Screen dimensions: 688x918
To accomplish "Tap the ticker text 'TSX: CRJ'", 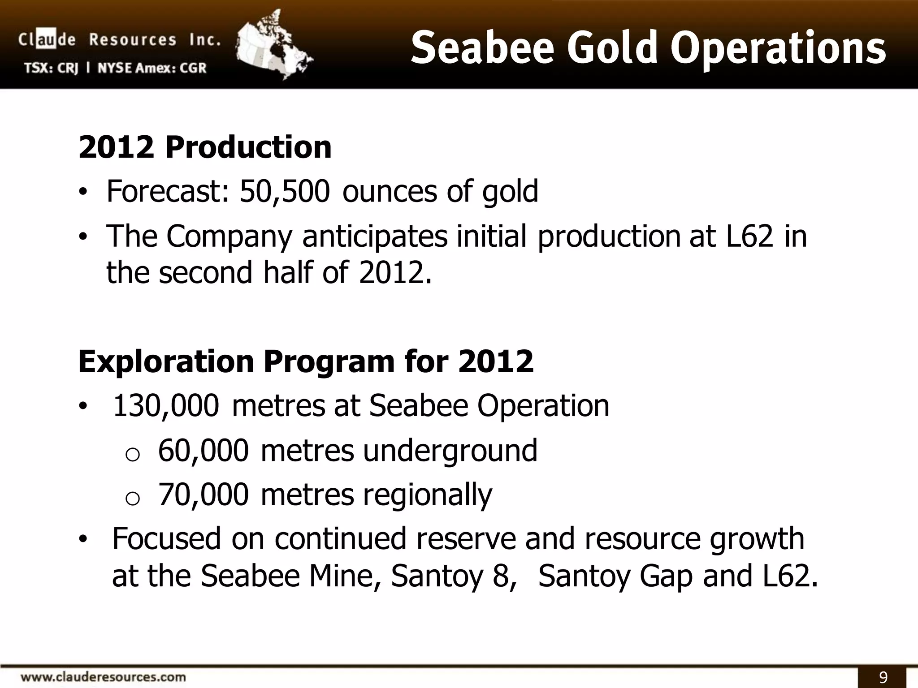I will (51, 68).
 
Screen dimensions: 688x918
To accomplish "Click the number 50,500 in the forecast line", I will (285, 192).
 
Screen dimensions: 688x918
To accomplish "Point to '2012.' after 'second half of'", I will (395, 273).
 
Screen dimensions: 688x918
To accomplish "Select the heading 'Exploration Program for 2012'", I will (306, 361).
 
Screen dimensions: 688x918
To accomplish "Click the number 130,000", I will (166, 406).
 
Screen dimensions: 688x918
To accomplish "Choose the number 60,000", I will (203, 451).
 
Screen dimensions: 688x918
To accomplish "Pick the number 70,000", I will (203, 494).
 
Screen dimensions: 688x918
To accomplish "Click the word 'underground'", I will (450, 451).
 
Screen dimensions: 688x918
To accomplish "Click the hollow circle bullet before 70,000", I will (133, 499).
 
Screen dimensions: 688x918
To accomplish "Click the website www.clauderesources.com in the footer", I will (104, 676).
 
